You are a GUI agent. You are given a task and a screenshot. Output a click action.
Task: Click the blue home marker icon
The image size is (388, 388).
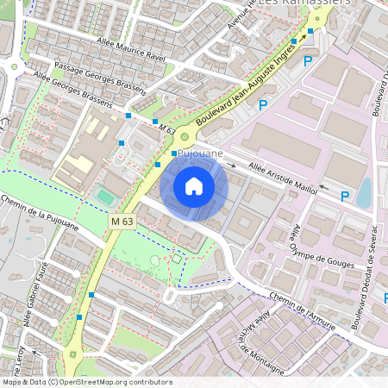[x=194, y=186]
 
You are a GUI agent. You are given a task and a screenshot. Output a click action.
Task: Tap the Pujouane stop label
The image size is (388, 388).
[x=201, y=153]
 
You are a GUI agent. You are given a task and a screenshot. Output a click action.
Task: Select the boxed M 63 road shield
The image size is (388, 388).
[x=122, y=222]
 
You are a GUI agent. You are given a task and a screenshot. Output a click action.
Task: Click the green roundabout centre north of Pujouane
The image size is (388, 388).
[x=184, y=137]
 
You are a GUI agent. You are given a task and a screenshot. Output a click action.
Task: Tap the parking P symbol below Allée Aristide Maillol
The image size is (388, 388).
[x=345, y=197]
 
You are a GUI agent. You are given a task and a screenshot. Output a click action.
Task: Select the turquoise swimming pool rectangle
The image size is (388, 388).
[x=104, y=197]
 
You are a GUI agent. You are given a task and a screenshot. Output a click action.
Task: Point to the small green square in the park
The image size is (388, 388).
[x=176, y=258]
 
